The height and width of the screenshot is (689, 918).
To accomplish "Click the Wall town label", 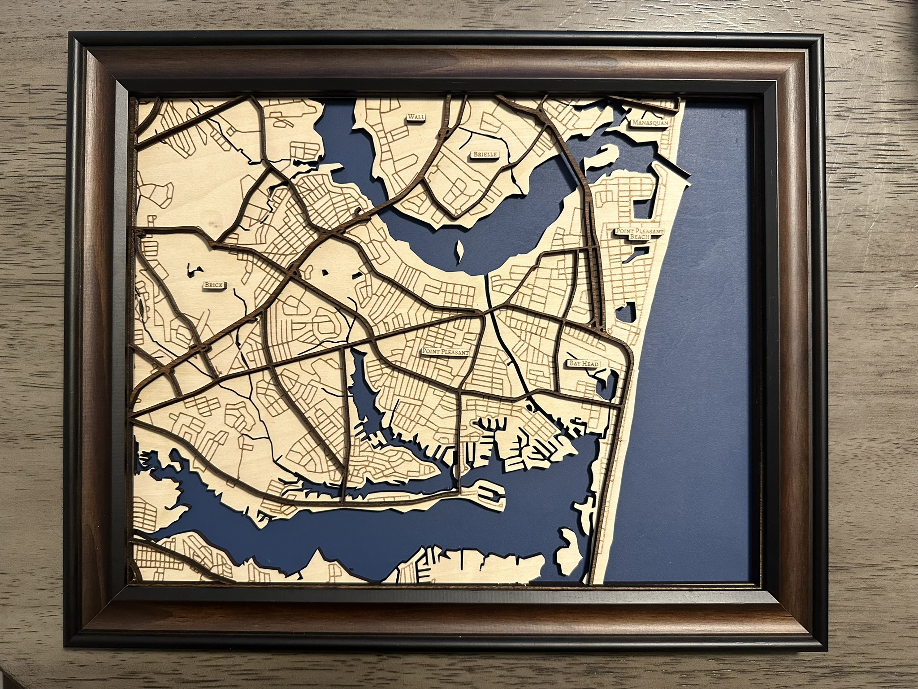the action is pos(416,117).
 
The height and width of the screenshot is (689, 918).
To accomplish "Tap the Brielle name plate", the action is pos(483,154).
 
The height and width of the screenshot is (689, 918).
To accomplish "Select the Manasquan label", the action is pos(649,122).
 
